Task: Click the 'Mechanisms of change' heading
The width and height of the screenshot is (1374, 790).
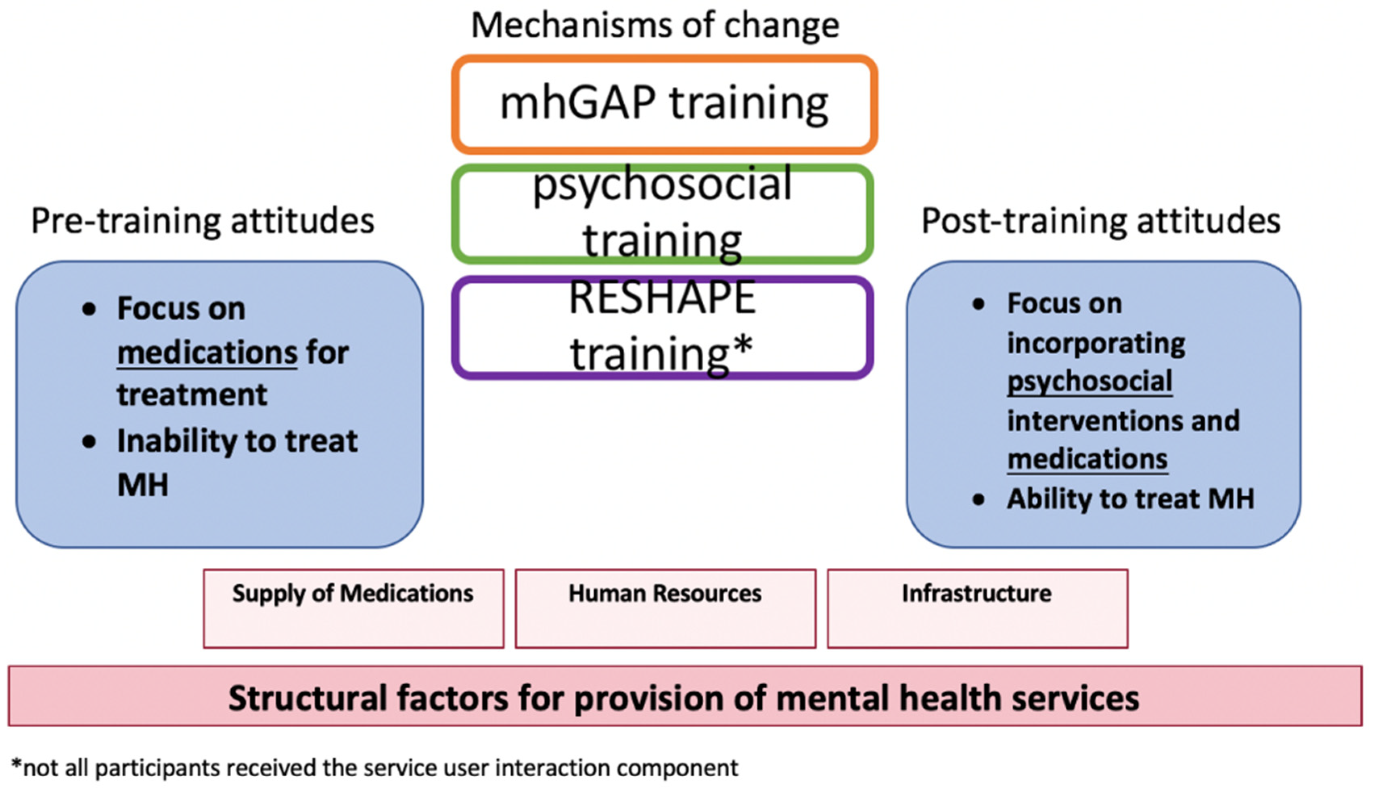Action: [655, 25]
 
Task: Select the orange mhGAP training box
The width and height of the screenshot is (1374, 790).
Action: [664, 104]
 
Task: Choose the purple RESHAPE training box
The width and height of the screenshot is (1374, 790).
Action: [662, 327]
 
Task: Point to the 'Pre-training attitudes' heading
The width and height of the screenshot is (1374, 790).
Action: [203, 221]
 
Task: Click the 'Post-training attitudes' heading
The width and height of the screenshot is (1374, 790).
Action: [1100, 221]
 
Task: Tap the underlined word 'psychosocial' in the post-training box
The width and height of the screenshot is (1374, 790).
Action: [1090, 381]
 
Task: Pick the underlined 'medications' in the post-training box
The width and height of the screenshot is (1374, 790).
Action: [1087, 459]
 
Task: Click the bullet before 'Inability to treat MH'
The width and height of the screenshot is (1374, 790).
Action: [89, 442]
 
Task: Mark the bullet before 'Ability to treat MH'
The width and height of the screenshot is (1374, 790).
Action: [979, 499]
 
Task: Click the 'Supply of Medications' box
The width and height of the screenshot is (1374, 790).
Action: [353, 608]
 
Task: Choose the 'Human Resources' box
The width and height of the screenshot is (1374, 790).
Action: [665, 608]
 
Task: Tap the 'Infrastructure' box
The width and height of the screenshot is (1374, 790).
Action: [977, 608]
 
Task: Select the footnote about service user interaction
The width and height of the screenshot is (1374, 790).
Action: [374, 768]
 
